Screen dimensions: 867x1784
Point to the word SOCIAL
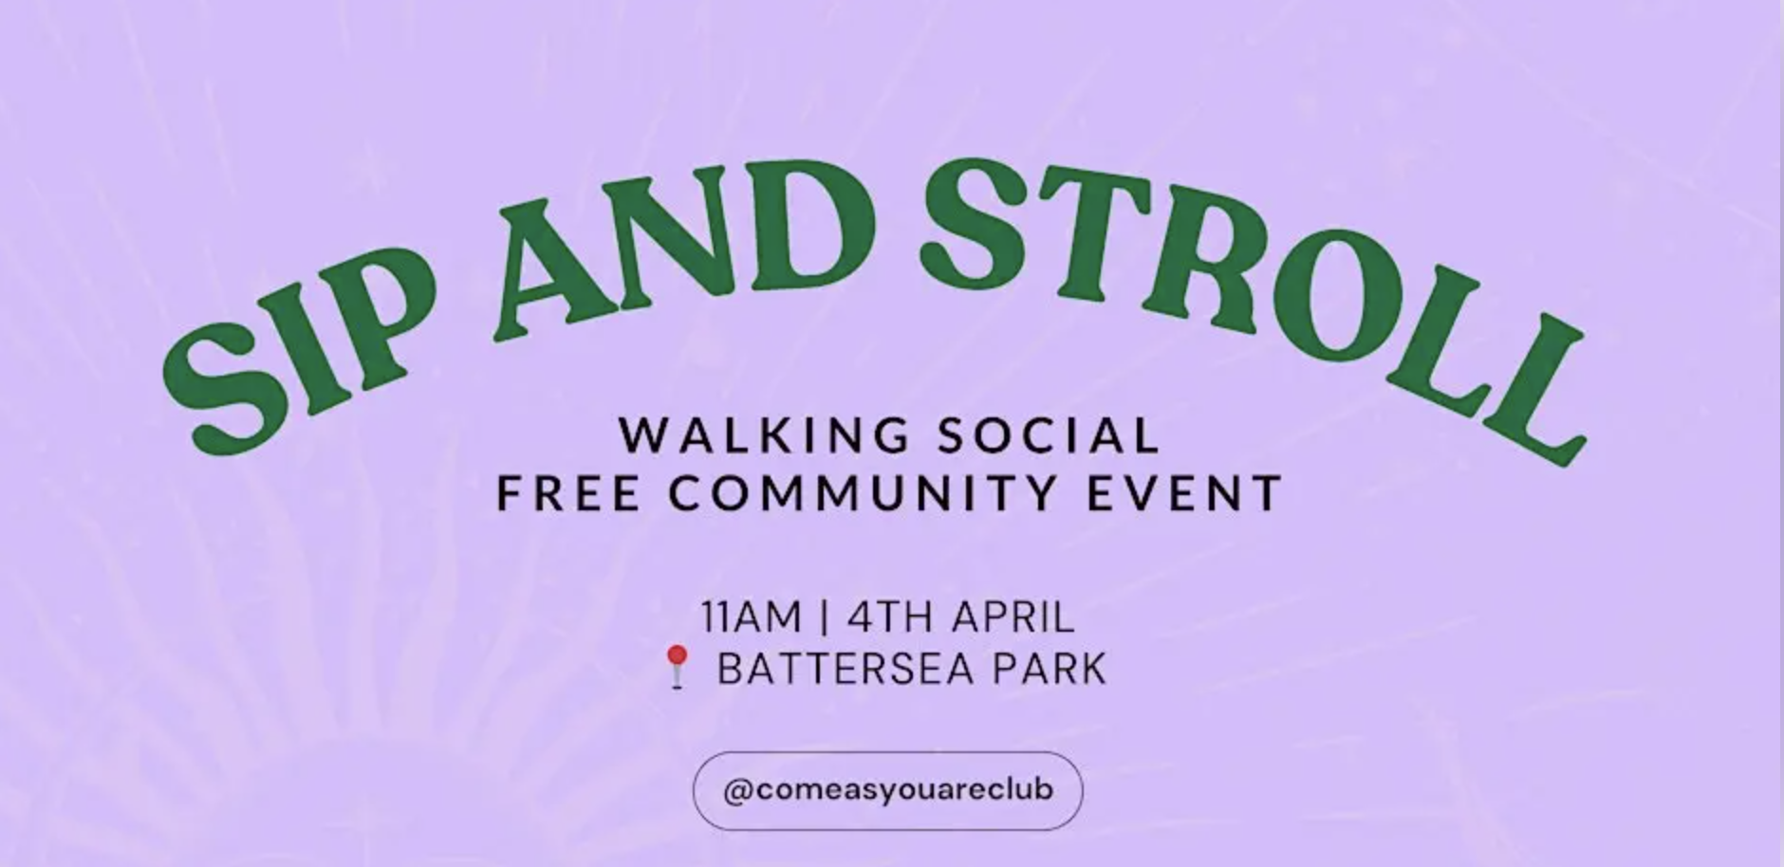point(1049,435)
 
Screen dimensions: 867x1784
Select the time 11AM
point(752,618)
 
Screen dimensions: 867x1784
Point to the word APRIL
point(1013,618)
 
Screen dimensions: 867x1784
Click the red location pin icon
point(677,666)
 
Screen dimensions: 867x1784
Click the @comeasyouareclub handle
point(888,790)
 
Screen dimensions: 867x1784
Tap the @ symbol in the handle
point(734,790)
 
